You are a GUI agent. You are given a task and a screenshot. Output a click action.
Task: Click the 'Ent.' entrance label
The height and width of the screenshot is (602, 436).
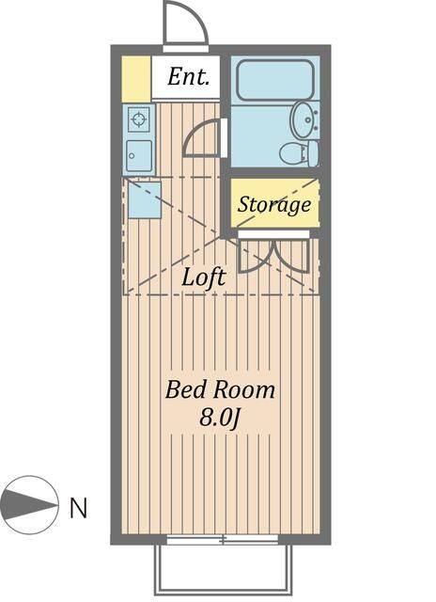coord(188,78)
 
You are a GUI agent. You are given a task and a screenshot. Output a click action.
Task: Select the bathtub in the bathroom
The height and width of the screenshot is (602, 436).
coord(273,81)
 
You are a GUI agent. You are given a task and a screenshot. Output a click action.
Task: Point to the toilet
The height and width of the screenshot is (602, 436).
coord(300,152)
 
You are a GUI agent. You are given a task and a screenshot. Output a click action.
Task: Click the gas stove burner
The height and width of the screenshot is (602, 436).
coord(139,119)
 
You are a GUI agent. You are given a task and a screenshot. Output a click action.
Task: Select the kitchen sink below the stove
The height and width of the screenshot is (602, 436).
coord(139,154)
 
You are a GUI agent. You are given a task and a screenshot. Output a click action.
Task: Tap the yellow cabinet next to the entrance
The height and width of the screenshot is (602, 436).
coord(136,79)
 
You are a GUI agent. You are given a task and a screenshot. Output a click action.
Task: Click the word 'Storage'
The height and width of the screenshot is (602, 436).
coord(273,204)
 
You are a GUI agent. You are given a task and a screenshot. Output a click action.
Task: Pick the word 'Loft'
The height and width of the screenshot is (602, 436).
coord(204,277)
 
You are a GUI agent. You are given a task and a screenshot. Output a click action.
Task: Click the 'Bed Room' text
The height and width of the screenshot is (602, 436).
coord(220,389)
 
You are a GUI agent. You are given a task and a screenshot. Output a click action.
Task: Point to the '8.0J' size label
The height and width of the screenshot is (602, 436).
coord(220,417)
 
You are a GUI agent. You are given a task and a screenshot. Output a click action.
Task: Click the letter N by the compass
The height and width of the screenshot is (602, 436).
coord(79,509)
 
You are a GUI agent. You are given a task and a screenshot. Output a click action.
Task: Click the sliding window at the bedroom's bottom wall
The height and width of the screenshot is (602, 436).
coord(223,540)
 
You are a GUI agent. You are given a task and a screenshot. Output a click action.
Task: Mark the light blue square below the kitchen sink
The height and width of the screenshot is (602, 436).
coord(143,199)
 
